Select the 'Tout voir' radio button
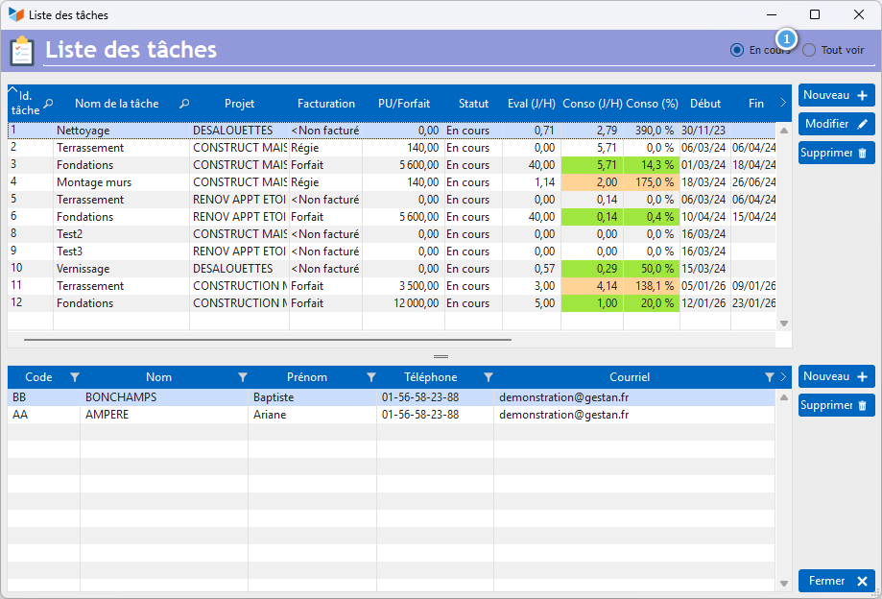[809, 50]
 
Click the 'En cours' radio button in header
[737, 50]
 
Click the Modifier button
[837, 124]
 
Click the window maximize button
[815, 14]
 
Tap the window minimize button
[772, 14]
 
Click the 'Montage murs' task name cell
[94, 182]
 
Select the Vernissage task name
[83, 269]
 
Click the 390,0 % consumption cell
[652, 131]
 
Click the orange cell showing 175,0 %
[652, 182]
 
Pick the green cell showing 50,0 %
[652, 269]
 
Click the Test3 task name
[70, 252]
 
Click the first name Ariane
[270, 415]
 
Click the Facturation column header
[326, 104]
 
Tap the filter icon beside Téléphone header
[489, 377]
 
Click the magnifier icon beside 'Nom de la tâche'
[184, 104]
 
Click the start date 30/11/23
[703, 131]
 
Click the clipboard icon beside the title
[22, 51]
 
